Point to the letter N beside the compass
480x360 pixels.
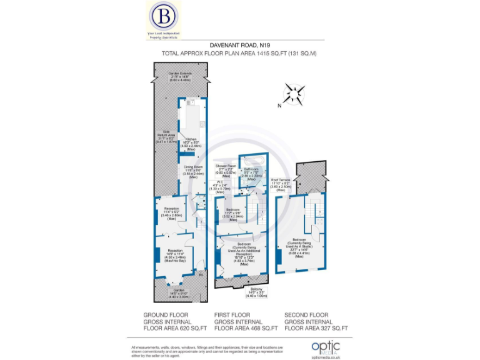point(279,105)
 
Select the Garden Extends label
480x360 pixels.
point(180,77)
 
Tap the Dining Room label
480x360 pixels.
point(193,170)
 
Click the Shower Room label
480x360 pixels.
point(226,171)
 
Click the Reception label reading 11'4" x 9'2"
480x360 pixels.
point(172,212)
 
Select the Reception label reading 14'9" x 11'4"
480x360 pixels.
point(174,254)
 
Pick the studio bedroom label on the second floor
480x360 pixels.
point(299,248)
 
